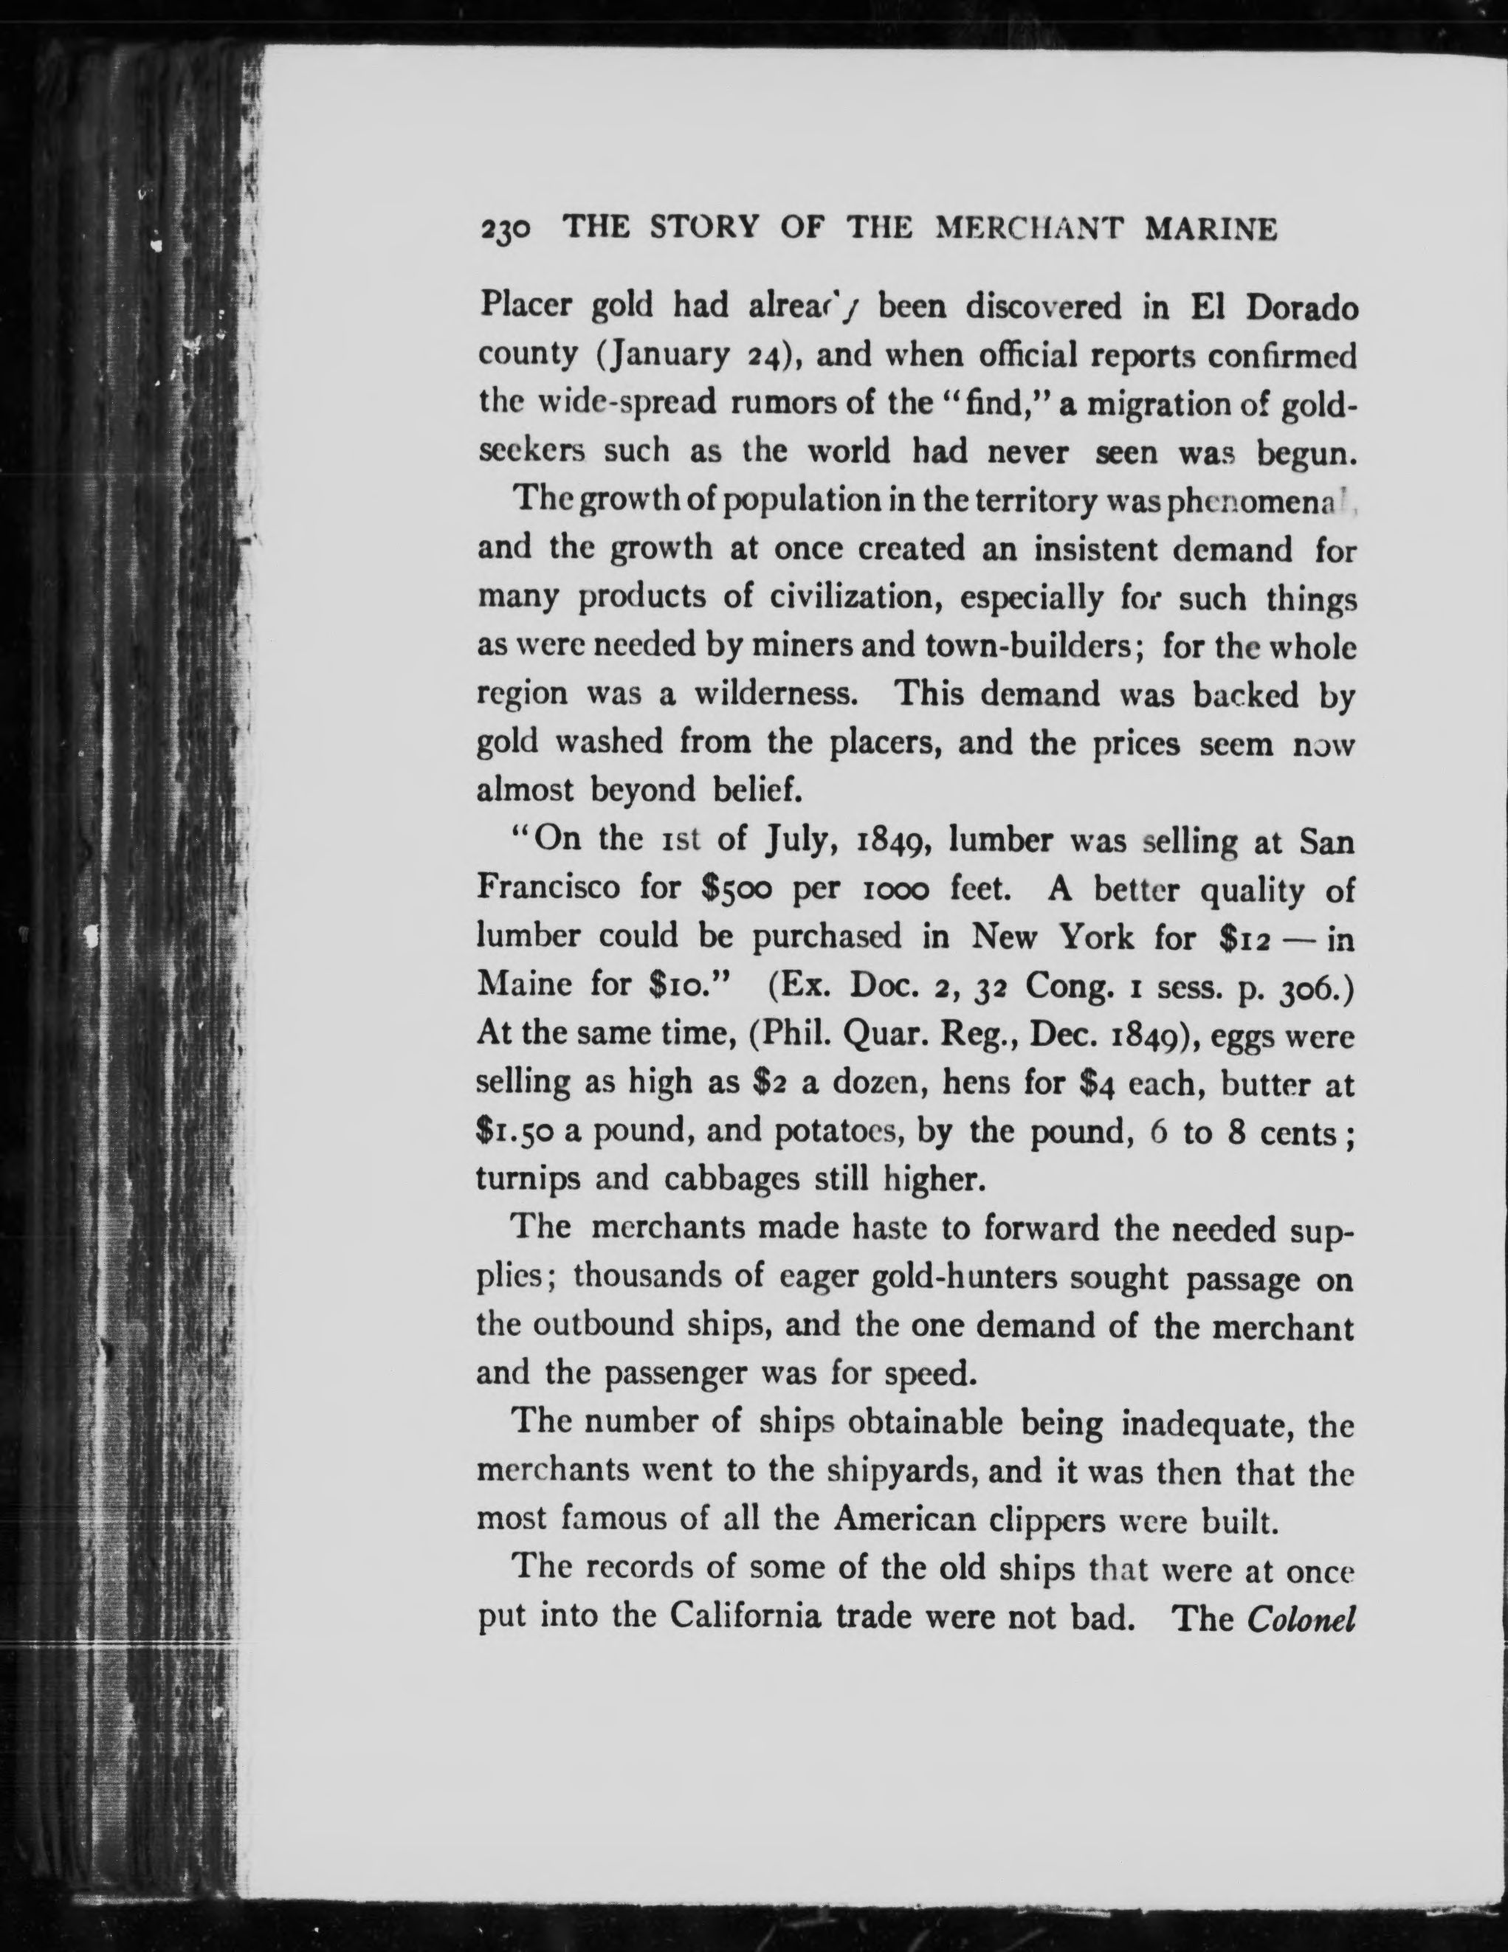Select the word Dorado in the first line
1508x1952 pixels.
[1301, 308]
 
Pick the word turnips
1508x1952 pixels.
[528, 1181]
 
